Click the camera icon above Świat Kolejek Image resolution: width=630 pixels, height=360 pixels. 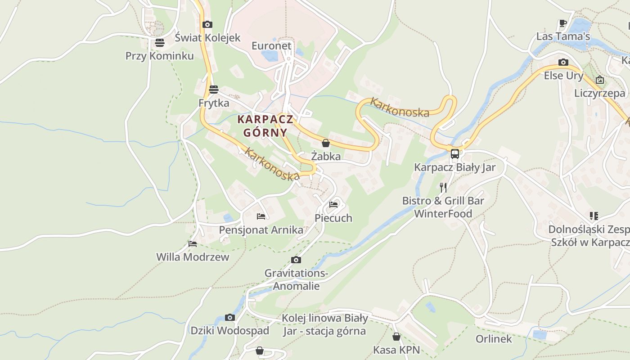[207, 25]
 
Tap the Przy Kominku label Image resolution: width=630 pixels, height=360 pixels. [159, 56]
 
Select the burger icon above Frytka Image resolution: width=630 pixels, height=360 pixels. [214, 89]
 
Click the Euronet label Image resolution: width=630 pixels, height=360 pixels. [271, 46]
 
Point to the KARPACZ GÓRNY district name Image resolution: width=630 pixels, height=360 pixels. [265, 126]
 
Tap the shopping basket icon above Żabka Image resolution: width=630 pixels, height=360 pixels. [326, 143]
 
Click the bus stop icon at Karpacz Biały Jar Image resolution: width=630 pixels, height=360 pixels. [455, 154]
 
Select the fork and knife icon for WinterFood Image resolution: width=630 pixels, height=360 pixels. [443, 187]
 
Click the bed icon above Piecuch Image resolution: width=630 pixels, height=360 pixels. [333, 204]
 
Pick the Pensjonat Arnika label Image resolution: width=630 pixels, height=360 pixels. [261, 230]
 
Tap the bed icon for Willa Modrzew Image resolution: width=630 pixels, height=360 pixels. [193, 244]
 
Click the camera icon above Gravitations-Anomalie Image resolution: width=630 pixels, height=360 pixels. [296, 260]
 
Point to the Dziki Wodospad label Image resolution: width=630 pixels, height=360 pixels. [229, 331]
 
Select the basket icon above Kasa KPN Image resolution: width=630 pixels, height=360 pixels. [396, 337]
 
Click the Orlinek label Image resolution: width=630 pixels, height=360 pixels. [494, 339]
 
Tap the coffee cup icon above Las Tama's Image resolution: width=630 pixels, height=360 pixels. [562, 23]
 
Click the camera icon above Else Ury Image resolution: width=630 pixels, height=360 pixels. [563, 62]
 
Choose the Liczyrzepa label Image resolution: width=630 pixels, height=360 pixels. [599, 93]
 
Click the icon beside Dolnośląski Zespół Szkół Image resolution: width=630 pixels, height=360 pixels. [594, 216]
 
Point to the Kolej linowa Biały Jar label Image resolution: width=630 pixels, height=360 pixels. [324, 324]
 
